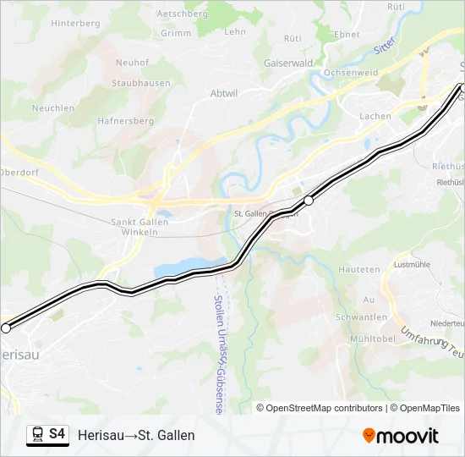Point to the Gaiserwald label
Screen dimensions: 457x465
289,62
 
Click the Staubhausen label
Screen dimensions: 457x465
141,83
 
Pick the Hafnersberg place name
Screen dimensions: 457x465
126,121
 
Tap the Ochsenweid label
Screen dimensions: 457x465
351,73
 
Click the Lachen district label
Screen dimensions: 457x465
375,116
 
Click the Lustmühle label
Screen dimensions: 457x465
412,264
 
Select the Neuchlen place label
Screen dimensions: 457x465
53,108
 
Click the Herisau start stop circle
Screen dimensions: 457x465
6,328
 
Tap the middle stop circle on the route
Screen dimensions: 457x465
309,201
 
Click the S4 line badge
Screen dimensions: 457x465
57,434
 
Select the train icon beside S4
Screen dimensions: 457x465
37,435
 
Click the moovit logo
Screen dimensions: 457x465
401,436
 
